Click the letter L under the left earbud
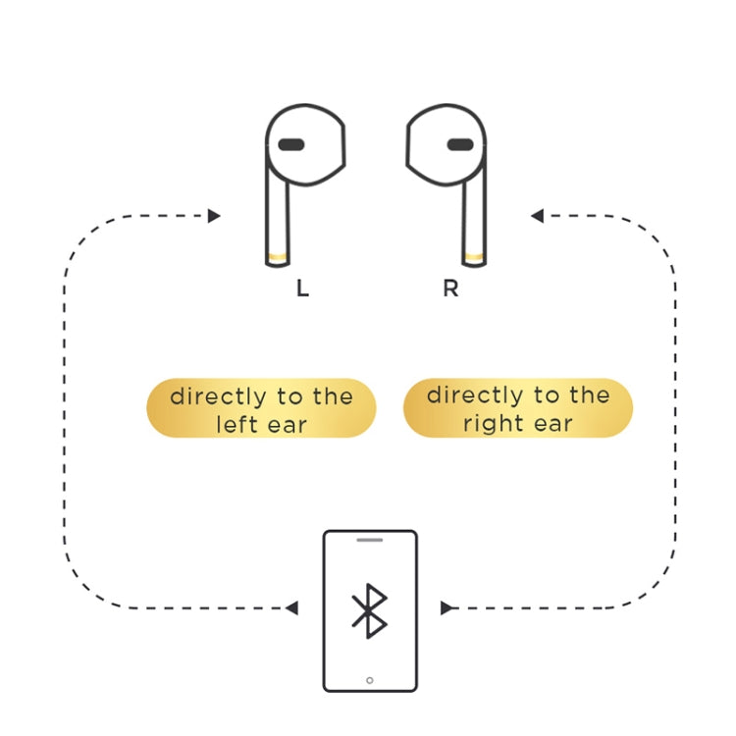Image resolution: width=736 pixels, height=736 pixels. pos(302,290)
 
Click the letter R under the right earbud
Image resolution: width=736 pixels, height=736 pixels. pos(450,290)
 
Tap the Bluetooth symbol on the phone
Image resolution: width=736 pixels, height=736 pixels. pos(369,610)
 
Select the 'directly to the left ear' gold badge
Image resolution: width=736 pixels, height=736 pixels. pos(261,409)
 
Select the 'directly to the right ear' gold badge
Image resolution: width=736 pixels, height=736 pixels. pos(518,408)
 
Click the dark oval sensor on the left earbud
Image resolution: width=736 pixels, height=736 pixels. pos(290,145)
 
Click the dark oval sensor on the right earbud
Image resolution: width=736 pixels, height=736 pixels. pos(459,145)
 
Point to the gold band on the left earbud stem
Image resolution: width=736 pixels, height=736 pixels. pos(278,258)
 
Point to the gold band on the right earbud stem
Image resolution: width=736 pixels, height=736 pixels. pos(474,258)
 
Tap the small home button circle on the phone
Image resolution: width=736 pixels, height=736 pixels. pos(369,679)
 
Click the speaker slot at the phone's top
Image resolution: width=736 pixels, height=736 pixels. pos(369,540)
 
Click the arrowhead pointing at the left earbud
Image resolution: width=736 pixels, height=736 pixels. pos(214,216)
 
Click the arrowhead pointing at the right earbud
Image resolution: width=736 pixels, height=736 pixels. pos(537,216)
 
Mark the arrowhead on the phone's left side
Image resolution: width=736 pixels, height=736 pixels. pos(291,608)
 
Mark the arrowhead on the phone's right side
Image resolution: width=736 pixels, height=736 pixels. pos(447,608)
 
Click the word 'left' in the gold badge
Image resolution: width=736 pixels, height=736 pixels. pos(237,425)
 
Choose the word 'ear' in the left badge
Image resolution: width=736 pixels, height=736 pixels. pos(288,426)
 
